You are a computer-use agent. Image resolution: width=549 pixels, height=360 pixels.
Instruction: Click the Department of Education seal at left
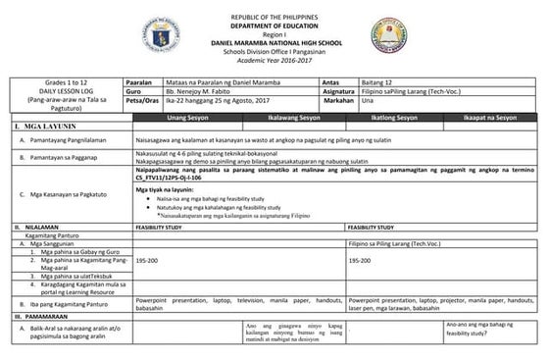pyautogui.click(x=161, y=35)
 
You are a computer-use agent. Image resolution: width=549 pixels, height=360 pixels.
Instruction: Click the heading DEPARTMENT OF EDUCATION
pyautogui.click(x=274, y=26)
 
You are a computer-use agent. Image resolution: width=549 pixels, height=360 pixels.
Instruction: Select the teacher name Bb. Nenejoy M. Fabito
pyautogui.click(x=199, y=91)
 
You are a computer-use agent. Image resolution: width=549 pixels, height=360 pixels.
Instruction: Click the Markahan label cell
pyautogui.click(x=338, y=100)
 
